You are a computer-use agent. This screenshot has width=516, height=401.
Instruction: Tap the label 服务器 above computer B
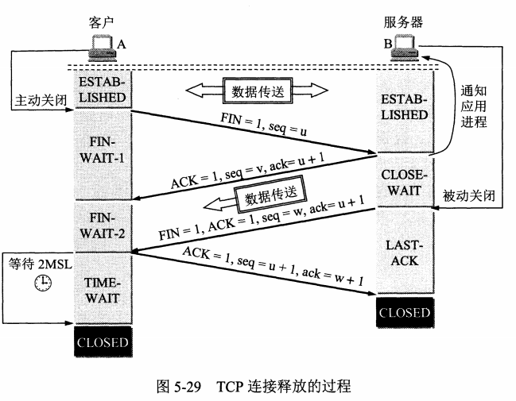coord(405,25)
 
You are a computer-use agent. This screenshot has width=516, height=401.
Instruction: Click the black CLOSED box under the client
coord(102,342)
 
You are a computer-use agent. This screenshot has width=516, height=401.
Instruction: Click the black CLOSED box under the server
coord(404,312)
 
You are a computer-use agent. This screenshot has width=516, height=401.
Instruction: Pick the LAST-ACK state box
coord(404,253)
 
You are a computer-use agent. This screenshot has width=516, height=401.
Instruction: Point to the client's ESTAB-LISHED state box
coord(102,89)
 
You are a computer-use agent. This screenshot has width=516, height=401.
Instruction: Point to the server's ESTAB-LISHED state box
coord(404,108)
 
